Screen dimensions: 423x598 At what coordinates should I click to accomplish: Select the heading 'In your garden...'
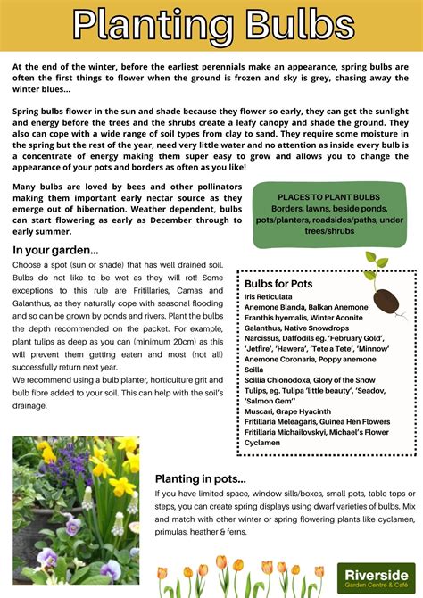pos(55,251)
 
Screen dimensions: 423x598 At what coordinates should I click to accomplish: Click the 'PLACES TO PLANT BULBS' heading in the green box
pos(328,196)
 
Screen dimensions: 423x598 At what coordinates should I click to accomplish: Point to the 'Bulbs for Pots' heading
pos(278,284)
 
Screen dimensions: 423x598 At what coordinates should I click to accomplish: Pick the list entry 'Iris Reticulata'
pos(269,296)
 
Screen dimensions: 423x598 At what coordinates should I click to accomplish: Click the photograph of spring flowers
pos(76,510)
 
